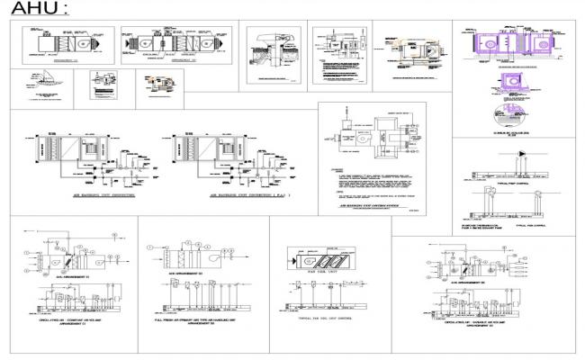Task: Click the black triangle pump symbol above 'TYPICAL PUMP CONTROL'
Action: pos(524,154)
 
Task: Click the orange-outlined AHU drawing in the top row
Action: pos(411,49)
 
